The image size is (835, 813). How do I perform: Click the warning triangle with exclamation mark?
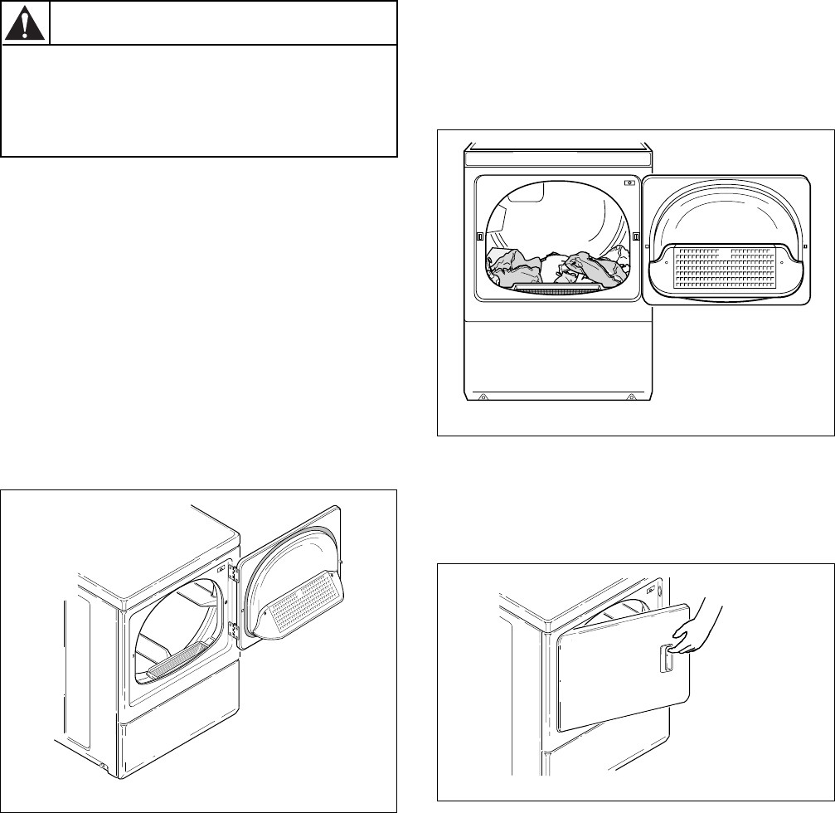(26, 24)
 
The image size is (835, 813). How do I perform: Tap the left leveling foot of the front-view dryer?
(483, 397)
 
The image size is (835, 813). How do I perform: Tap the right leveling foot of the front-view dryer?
(632, 397)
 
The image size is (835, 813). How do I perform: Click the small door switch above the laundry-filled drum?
(630, 183)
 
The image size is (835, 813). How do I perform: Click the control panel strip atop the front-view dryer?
(558, 161)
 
